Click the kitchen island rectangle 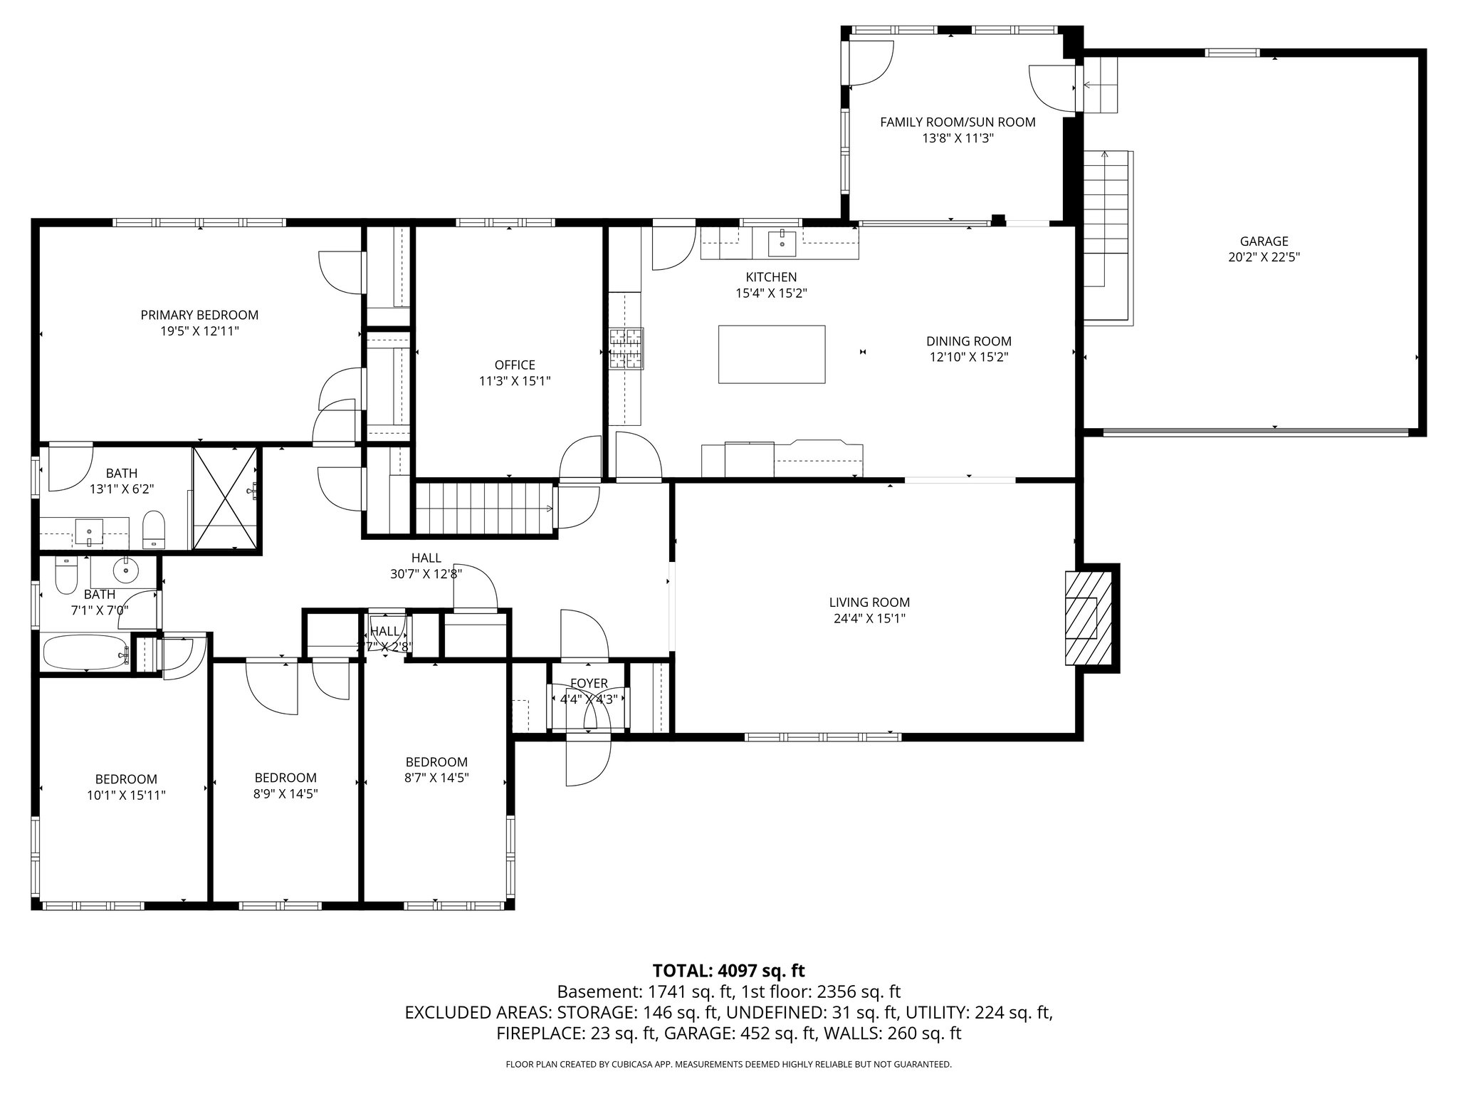(x=772, y=354)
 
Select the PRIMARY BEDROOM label (x=199, y=315)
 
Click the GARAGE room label (x=1264, y=241)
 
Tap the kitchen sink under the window (x=782, y=242)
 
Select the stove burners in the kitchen (x=626, y=348)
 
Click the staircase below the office (x=484, y=507)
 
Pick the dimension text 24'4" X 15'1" (x=869, y=618)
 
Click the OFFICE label (x=515, y=365)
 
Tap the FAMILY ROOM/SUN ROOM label (x=958, y=122)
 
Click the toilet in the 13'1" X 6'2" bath (x=154, y=529)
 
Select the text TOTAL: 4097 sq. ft (x=728, y=970)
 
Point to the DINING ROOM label (x=968, y=341)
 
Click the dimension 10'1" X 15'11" (x=126, y=795)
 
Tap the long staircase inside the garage (x=1107, y=235)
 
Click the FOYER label (x=589, y=683)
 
